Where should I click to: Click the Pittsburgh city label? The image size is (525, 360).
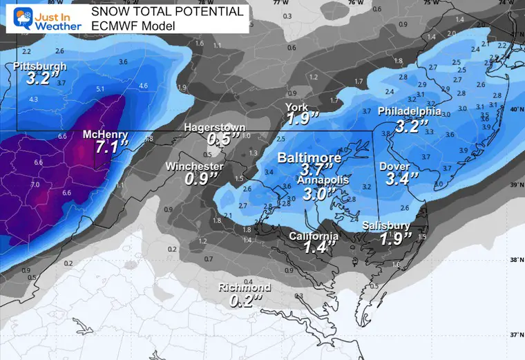pyautogui.click(x=40, y=66)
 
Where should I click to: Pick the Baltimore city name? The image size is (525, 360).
pyautogui.click(x=309, y=158)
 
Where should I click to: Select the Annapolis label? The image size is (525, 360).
pyautogui.click(x=323, y=180)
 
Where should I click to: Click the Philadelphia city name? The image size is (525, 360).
pyautogui.click(x=409, y=111)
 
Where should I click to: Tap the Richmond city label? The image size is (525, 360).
pyautogui.click(x=245, y=287)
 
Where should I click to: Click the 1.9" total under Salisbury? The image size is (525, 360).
pyautogui.click(x=394, y=238)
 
